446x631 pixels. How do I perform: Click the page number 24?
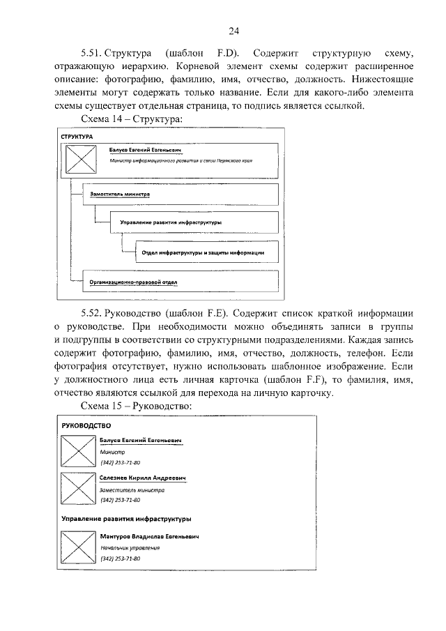(x=233, y=30)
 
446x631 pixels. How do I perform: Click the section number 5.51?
(x=93, y=53)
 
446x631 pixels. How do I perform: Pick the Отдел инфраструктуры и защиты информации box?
(x=203, y=252)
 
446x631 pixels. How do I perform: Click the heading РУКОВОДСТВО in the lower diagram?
(x=86, y=425)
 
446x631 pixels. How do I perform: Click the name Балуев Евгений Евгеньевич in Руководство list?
(x=141, y=441)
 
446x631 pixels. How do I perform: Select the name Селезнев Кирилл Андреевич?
(x=144, y=478)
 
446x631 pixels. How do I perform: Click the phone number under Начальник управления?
(x=121, y=559)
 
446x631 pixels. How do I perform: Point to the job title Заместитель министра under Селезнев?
(x=132, y=490)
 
